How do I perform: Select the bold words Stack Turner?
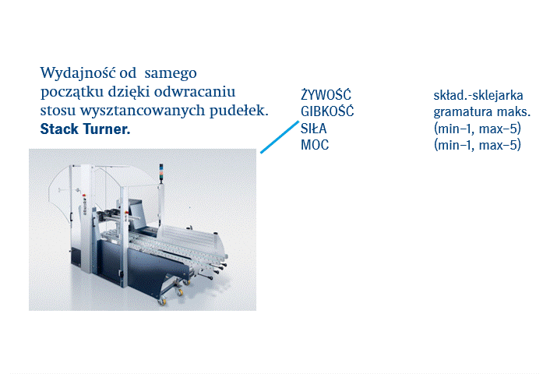click(x=85, y=129)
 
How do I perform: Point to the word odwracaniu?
click(x=195, y=92)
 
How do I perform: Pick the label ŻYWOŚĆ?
click(x=326, y=95)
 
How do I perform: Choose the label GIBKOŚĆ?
click(x=327, y=111)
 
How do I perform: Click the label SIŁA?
click(x=314, y=129)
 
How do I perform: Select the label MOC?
click(x=315, y=145)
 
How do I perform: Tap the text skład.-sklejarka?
click(x=478, y=95)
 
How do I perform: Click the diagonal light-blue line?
click(x=280, y=137)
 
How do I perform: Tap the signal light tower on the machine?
click(x=161, y=173)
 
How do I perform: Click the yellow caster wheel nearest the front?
click(x=162, y=301)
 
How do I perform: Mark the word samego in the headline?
click(x=171, y=74)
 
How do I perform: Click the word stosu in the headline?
click(x=58, y=111)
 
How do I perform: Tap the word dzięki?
click(x=129, y=92)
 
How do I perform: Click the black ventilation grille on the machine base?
click(x=76, y=257)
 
